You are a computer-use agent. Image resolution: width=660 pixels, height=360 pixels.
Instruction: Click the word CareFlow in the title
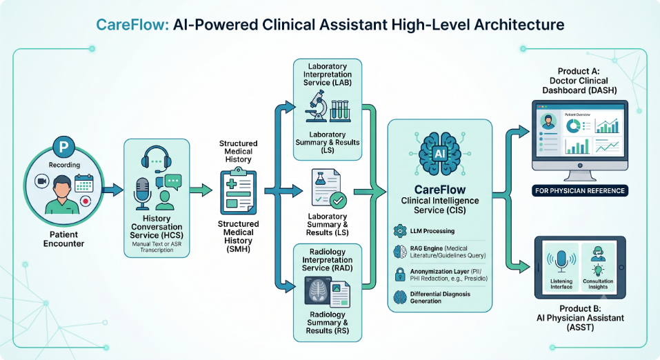(132, 24)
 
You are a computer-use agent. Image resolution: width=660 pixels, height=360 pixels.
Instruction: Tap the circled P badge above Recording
(64, 147)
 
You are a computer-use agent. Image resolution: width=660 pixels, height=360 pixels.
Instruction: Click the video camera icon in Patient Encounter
(41, 181)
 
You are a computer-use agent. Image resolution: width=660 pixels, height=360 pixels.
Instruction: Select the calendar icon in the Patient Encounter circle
(83, 183)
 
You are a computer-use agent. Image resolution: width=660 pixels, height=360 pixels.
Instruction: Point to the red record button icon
(86, 201)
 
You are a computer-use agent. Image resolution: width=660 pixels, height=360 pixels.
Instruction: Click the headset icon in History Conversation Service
(156, 159)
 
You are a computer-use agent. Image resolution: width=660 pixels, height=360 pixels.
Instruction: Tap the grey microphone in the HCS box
(142, 194)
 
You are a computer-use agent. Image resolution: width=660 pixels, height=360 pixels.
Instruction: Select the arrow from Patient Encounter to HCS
(112, 190)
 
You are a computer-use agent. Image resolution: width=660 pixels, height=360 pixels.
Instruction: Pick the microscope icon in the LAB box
(317, 106)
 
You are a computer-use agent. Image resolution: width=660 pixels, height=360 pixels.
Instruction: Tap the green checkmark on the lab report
(338, 201)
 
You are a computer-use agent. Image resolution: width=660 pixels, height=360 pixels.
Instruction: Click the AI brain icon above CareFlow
(440, 154)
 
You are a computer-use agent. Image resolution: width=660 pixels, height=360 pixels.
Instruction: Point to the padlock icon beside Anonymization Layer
(400, 274)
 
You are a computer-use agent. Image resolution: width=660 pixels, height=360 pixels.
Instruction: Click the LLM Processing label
(432, 231)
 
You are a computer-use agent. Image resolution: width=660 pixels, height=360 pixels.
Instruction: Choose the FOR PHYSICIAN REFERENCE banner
(580, 191)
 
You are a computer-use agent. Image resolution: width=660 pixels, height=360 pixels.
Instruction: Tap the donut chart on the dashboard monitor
(573, 125)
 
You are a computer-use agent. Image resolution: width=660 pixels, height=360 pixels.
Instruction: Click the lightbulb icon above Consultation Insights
(598, 270)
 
